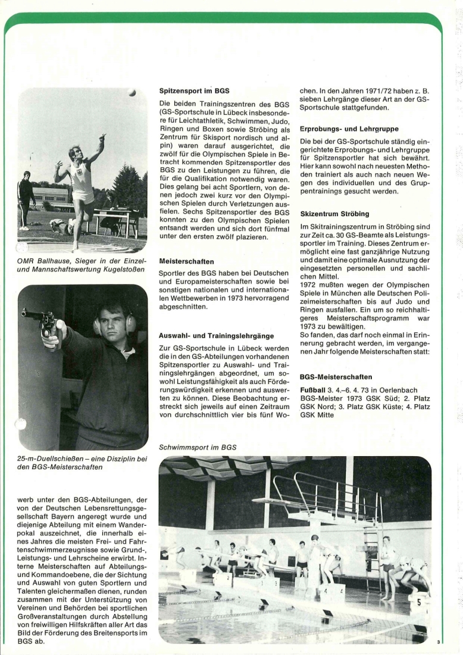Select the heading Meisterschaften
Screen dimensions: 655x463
point(187,261)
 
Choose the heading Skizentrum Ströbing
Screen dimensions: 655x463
point(334,213)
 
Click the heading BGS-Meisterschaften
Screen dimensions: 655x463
point(336,377)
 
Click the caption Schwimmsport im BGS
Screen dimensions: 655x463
point(198,447)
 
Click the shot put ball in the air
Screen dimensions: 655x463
point(132,92)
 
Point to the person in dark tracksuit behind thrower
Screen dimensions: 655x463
point(26,196)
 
